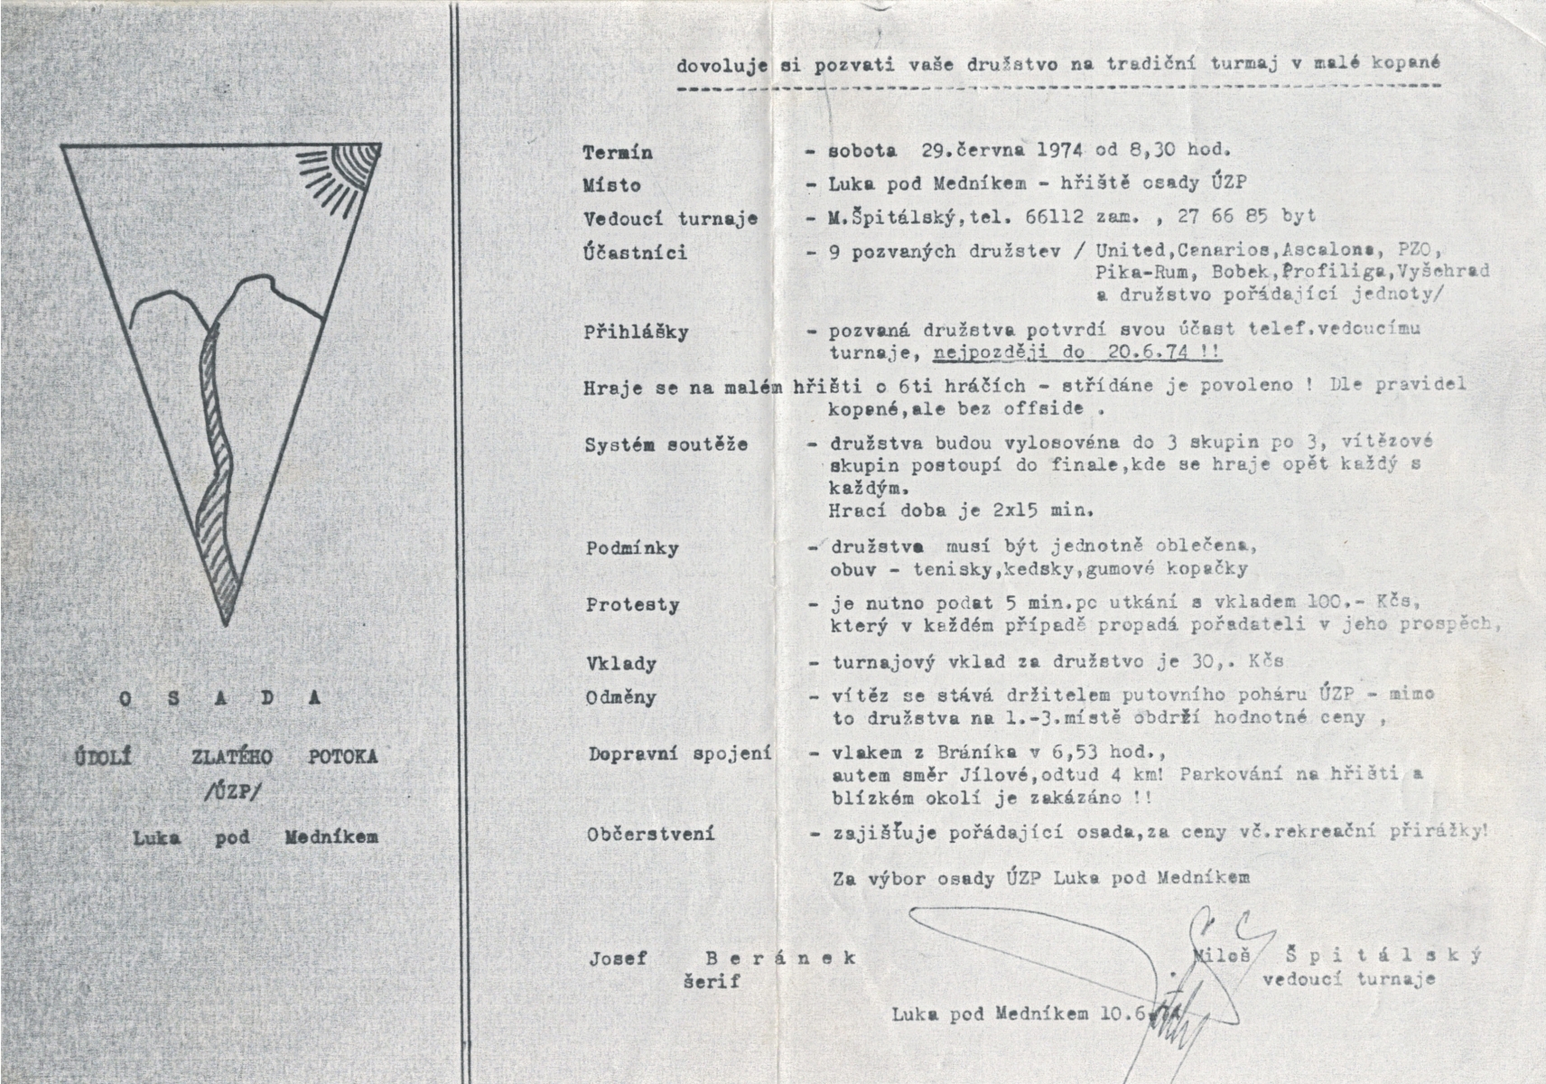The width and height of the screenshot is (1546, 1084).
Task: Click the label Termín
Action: point(618,153)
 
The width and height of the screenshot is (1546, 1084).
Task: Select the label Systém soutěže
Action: point(666,445)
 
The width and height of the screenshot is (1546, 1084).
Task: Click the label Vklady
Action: point(621,664)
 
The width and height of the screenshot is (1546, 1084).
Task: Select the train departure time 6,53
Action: point(1046,752)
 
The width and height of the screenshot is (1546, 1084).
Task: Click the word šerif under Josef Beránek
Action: point(711,980)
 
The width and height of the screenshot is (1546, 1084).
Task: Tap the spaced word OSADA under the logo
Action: point(220,698)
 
